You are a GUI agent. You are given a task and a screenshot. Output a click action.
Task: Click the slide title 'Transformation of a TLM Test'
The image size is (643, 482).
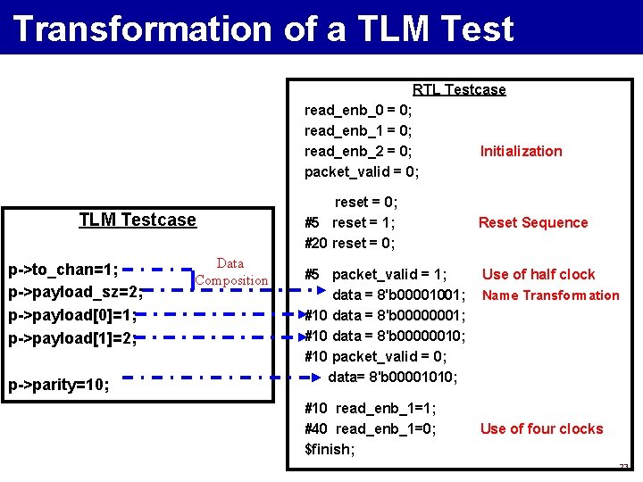click(x=263, y=29)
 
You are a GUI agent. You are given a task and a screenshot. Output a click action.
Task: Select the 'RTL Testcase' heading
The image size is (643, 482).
click(x=459, y=89)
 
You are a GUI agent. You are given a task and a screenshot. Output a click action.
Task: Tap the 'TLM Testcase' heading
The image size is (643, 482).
click(x=138, y=220)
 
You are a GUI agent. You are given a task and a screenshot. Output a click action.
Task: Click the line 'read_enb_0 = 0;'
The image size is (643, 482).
click(x=358, y=110)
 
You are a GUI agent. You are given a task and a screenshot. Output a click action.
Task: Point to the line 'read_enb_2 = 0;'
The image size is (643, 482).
click(x=358, y=151)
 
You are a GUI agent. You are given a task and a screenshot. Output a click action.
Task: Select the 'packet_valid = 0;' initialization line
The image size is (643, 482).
click(x=362, y=171)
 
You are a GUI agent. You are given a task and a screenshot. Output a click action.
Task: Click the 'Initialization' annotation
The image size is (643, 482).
click(x=521, y=151)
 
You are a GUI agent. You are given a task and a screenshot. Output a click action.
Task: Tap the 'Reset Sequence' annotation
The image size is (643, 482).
click(x=533, y=222)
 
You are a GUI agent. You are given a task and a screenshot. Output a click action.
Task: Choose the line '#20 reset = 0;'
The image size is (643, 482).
click(x=350, y=243)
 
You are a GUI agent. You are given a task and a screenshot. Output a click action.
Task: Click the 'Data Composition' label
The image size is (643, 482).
click(x=231, y=271)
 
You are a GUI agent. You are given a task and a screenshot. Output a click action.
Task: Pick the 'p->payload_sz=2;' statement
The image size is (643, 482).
click(x=74, y=293)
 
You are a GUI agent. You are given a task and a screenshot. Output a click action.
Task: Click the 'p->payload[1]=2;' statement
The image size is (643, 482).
click(x=72, y=338)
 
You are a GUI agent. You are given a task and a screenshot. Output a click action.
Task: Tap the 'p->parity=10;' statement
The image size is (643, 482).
click(x=59, y=385)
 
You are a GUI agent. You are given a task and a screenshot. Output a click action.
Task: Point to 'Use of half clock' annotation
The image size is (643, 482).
click(x=539, y=274)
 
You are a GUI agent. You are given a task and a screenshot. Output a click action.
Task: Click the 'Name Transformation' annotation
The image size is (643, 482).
click(x=550, y=295)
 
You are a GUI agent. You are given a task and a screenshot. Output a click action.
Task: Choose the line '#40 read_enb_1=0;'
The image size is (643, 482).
click(x=371, y=428)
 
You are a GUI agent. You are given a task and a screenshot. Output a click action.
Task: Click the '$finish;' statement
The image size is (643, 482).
click(x=330, y=449)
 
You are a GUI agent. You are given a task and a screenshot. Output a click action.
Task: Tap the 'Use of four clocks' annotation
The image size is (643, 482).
click(x=541, y=428)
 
